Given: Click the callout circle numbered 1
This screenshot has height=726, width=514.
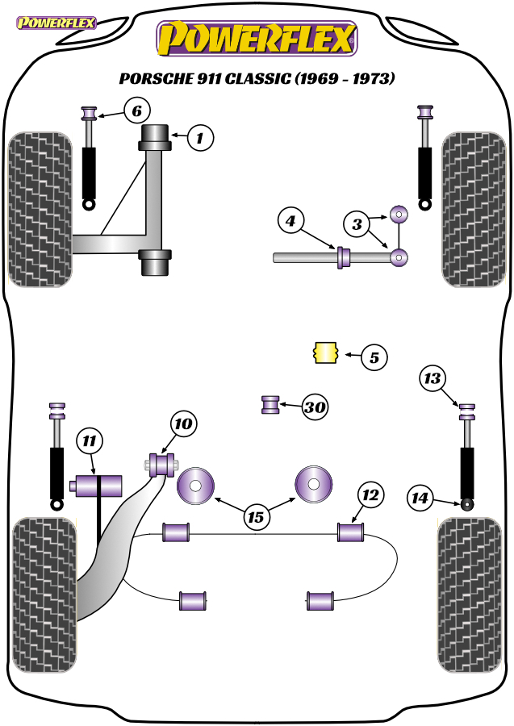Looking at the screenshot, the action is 200,137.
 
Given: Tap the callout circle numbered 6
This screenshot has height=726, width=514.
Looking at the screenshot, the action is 137,111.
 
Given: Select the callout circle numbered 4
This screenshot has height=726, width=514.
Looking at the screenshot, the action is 290,221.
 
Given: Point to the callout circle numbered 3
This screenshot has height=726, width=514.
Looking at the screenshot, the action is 357,224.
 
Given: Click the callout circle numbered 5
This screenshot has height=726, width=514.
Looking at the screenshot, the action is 374,357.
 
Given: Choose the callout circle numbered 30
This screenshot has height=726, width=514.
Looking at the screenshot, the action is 315,407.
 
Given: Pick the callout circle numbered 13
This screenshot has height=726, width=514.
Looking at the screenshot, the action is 433,378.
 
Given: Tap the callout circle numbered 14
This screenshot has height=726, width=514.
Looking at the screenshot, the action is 420,498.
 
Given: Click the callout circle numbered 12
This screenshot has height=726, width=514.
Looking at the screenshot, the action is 370,495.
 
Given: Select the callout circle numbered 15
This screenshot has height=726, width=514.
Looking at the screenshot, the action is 256,517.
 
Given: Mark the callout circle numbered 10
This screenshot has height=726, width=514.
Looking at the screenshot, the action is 183,423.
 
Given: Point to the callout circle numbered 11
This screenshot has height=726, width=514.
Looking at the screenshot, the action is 90,440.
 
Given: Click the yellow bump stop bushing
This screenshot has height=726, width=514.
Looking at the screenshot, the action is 326,353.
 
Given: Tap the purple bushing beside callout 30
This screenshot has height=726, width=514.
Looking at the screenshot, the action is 270,404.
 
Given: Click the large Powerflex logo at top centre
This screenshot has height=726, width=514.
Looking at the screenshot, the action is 257,39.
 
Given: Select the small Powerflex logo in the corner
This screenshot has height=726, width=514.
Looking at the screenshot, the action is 56,23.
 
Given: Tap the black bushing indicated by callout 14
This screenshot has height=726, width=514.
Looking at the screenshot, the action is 468,503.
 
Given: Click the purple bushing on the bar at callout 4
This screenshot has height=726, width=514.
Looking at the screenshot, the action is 343,257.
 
